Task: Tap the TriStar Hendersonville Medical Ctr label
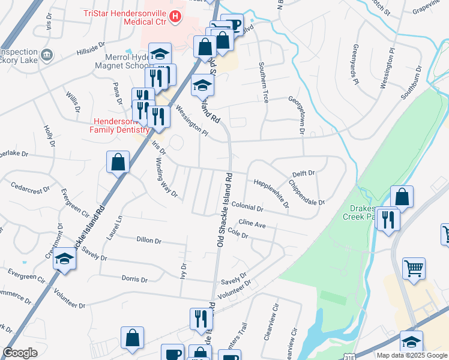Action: click(x=132, y=17)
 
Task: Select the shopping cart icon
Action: click(x=414, y=268)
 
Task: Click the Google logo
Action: click(x=20, y=353)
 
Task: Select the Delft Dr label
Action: click(x=303, y=173)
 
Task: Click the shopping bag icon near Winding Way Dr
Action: click(x=118, y=161)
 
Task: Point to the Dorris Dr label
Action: click(x=134, y=279)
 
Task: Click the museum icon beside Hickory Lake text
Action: click(x=46, y=56)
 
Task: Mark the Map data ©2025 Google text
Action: click(x=412, y=355)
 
